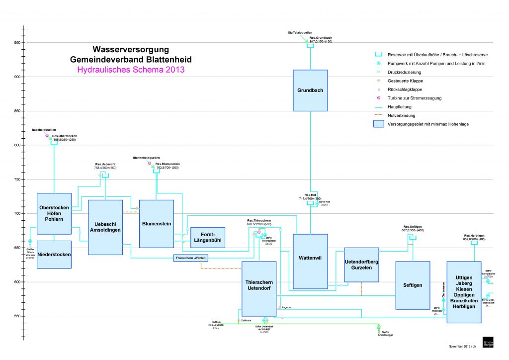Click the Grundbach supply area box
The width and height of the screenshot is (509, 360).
coord(310,90)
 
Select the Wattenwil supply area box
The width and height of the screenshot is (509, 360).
coord(310,261)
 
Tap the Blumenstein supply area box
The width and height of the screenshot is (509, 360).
coord(157,224)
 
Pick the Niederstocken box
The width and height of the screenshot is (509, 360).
coord(54,255)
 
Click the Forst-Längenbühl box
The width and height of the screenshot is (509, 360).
coord(208,237)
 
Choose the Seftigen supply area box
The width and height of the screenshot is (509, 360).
coord(413,285)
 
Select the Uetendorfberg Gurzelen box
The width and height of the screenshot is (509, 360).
coord(361,265)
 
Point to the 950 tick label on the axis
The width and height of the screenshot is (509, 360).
coord(16,43)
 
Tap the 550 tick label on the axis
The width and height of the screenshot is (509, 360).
coord(16,316)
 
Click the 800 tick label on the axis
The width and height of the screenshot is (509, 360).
coord(16,145)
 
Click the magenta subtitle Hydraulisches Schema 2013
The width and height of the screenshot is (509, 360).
coord(131,70)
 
